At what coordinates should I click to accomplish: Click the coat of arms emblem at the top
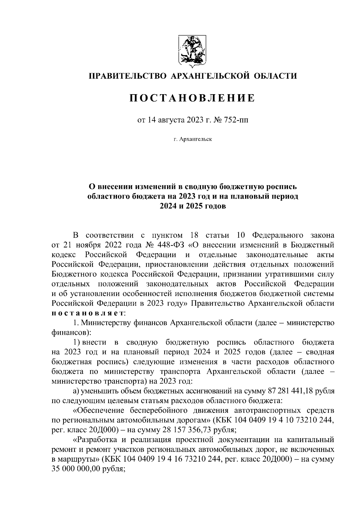(192, 50)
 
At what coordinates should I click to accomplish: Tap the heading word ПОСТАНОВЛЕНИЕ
(192, 98)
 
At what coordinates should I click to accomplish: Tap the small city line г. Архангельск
(192, 139)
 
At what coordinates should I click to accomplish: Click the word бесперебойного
(159, 411)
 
